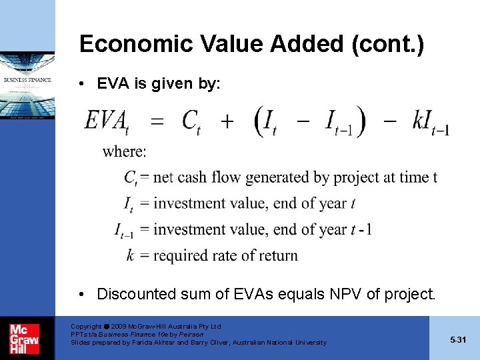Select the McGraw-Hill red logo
tap(24, 338)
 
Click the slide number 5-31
tap(457, 340)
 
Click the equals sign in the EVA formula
tap(157, 121)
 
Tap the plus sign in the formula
tap(227, 121)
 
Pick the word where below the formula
tap(125, 151)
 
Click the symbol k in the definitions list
tap(131, 255)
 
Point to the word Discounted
tap(139, 294)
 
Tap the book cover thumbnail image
tap(27, 87)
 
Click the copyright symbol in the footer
tap(106, 327)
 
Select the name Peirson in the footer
tap(190, 335)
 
